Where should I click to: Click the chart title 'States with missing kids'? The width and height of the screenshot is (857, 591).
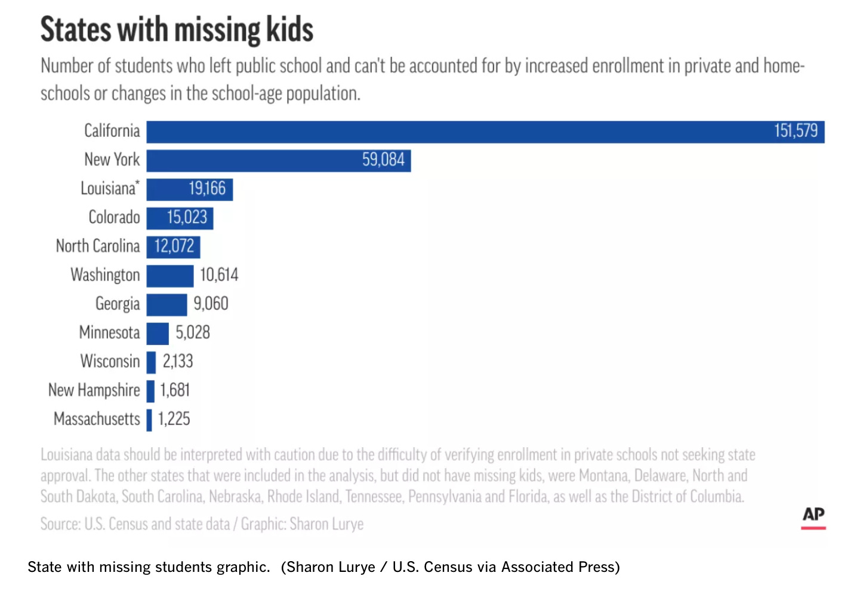click(177, 30)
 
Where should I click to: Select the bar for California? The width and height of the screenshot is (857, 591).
click(454, 132)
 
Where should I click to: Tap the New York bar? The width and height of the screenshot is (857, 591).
click(251, 161)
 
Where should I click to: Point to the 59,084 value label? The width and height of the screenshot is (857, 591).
click(383, 160)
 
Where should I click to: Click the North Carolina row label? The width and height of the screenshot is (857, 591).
click(97, 246)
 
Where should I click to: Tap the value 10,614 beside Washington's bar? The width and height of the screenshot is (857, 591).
click(218, 275)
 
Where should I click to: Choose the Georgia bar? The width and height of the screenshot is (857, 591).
click(167, 304)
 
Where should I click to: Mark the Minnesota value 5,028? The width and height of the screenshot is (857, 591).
click(192, 333)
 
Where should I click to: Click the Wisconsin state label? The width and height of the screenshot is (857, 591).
click(110, 361)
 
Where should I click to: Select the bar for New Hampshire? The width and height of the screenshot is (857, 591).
click(150, 391)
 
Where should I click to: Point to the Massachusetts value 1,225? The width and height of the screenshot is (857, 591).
click(174, 419)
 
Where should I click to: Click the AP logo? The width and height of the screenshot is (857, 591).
click(813, 516)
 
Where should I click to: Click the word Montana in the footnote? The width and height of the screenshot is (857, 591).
click(603, 476)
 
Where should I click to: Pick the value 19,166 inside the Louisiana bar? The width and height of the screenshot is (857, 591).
click(207, 189)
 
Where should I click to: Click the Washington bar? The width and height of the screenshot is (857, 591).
click(170, 276)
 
